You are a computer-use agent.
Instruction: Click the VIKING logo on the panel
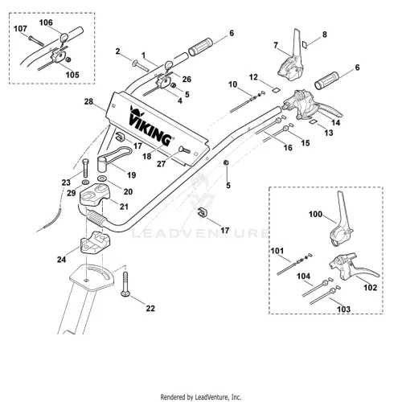[150, 126]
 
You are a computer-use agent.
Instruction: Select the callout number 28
[88, 101]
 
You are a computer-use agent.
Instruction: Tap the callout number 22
[150, 308]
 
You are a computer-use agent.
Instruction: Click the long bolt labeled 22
[125, 284]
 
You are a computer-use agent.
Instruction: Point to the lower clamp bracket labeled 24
[95, 242]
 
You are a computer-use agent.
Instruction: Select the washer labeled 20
[102, 178]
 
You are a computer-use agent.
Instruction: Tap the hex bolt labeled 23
[85, 168]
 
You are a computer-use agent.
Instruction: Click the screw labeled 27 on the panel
[185, 150]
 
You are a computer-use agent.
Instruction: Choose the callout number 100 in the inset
[315, 214]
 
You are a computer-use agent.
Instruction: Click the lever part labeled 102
[351, 267]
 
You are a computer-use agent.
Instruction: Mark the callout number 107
[20, 29]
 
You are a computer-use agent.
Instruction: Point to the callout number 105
[72, 75]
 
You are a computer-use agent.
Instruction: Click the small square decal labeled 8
[304, 44]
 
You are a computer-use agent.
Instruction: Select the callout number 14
[336, 122]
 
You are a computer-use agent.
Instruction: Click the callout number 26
[187, 79]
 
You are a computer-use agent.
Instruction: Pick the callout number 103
[343, 310]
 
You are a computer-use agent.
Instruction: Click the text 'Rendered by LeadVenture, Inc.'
[201, 396]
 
